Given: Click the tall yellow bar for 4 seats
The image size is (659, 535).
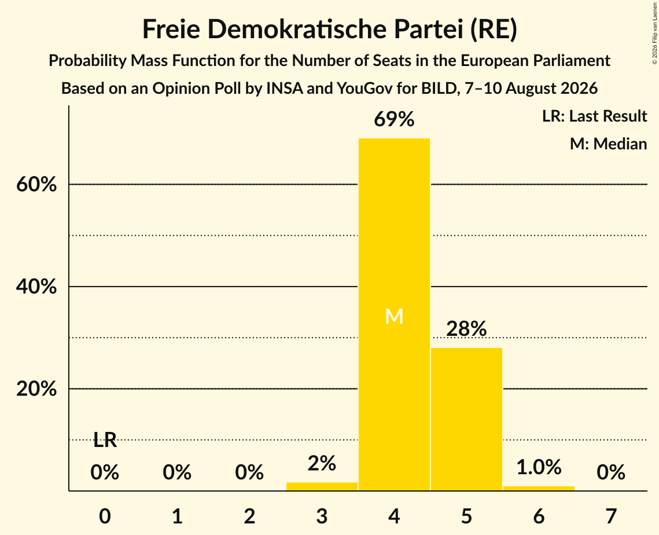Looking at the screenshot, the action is coord(394,314).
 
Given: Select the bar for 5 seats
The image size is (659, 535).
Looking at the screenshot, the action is coord(466,419).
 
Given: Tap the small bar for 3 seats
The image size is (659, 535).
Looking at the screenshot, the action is coord(322,486).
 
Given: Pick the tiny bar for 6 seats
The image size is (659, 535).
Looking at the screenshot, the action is coord(539,488).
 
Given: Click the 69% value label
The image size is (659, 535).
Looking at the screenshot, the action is coord(394,119).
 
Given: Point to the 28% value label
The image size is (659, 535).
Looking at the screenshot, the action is coord(466,328).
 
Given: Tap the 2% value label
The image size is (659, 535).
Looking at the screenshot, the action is coord(322,464).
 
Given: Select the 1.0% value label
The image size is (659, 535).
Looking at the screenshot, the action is coord(539,467).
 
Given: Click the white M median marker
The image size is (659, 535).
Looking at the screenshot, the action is coord(394,316).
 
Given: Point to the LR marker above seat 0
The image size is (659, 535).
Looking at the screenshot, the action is coord(105,440).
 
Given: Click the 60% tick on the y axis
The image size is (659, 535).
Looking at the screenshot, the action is coord(36,184).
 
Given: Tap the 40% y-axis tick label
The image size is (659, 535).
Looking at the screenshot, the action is coord(36,287).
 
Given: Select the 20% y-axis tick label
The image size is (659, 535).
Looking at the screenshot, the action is coord(36,389).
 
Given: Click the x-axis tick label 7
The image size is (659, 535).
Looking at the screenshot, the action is coord(611,516).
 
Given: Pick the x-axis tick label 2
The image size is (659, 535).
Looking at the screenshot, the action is coord(249,516).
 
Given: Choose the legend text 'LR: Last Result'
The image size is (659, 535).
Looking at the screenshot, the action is coord(594,116).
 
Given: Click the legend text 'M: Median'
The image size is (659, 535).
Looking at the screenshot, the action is coord(608,144).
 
